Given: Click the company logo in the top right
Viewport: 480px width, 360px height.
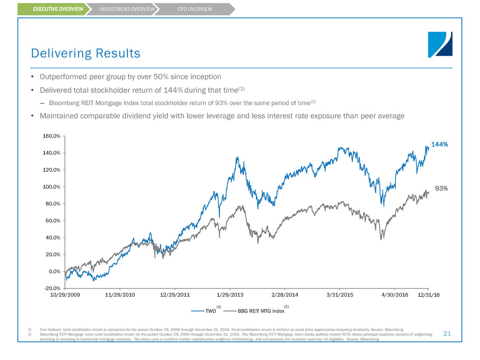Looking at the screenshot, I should click(x=440, y=44).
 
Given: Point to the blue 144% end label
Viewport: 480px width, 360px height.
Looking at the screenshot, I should click(x=439, y=145).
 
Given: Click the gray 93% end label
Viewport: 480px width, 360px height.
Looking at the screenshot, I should click(x=441, y=188).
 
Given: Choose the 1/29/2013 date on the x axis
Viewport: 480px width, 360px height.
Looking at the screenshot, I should click(x=228, y=295).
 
